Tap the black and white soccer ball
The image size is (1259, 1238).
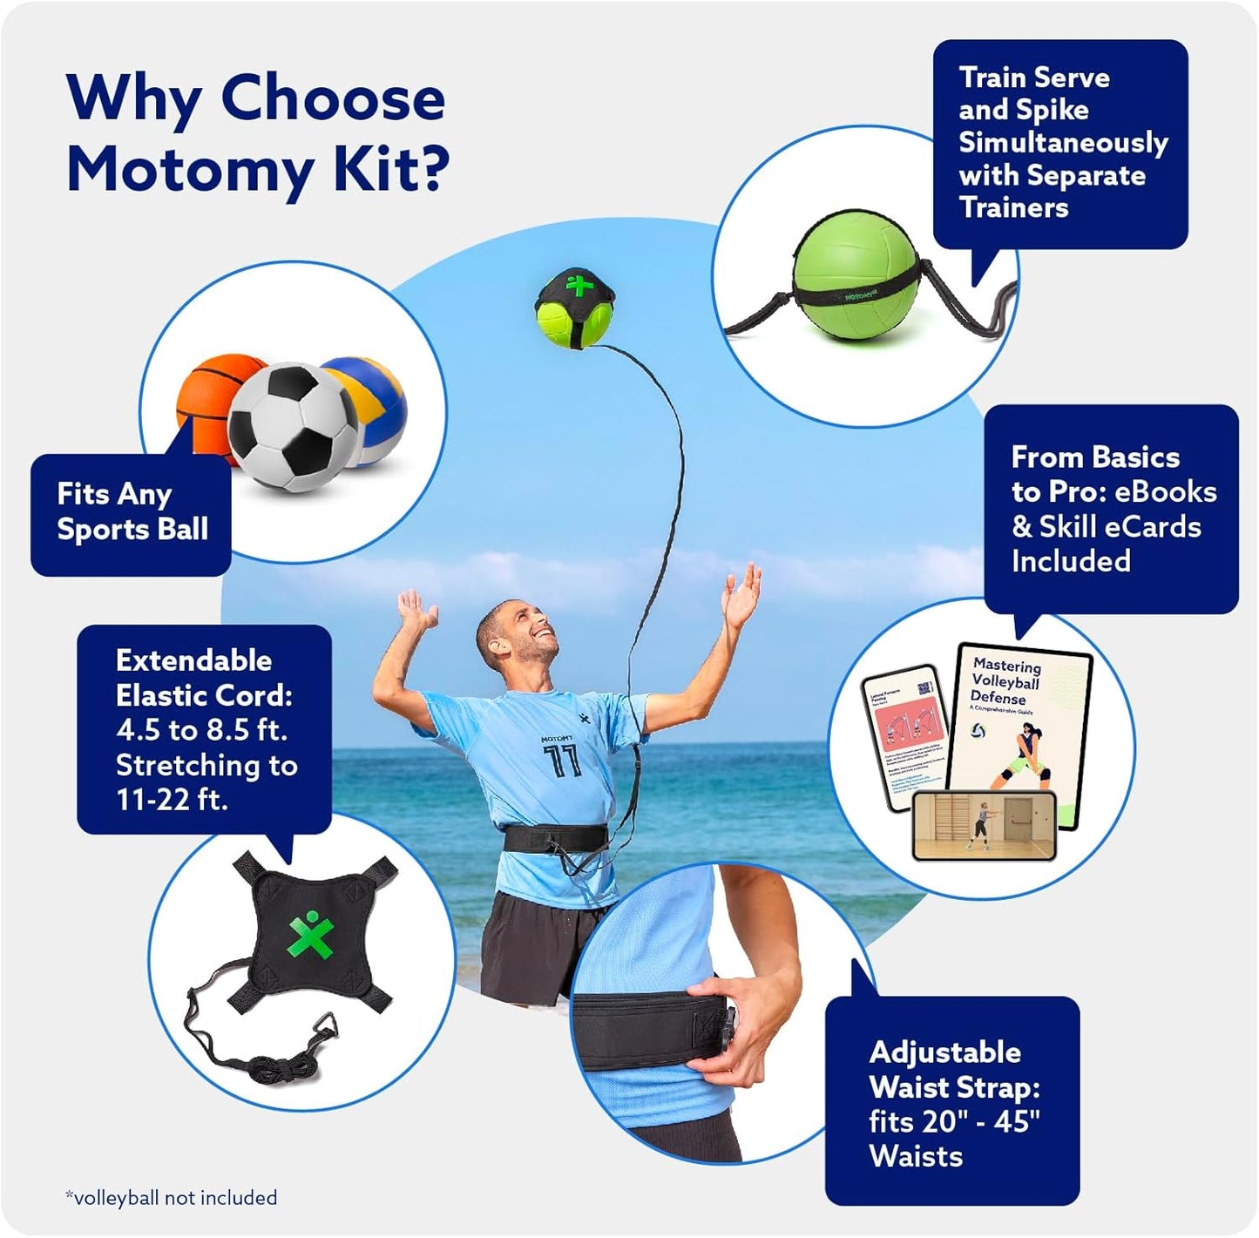click(292, 427)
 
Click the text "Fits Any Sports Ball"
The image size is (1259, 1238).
click(132, 511)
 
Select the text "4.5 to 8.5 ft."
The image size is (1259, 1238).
click(200, 729)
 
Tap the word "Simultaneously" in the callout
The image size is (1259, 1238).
click(1062, 142)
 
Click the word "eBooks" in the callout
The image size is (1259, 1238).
click(1165, 491)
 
